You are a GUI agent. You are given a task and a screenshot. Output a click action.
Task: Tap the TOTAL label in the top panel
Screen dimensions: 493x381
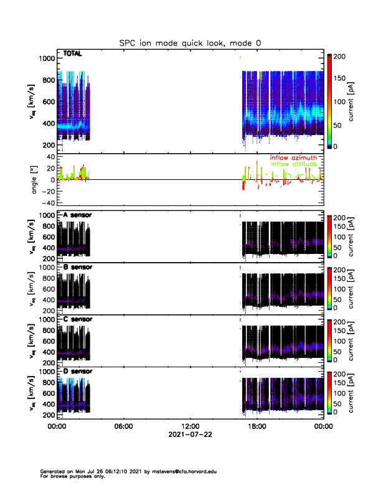tap(73, 54)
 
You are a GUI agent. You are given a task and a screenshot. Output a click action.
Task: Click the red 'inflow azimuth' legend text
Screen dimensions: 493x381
tap(293, 158)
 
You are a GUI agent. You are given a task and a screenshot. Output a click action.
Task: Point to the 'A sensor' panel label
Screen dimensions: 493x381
tap(77, 215)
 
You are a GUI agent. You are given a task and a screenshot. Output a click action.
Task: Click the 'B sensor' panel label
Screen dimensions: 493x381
tap(77, 268)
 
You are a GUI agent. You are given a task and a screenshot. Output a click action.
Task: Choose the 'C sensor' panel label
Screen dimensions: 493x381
tap(77, 319)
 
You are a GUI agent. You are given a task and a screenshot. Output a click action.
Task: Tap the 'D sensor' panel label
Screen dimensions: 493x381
tap(77, 372)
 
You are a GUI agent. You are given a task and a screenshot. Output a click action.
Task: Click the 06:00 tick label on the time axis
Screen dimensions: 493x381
tap(123, 426)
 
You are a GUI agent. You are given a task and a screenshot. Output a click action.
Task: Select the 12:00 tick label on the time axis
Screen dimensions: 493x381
tap(190, 426)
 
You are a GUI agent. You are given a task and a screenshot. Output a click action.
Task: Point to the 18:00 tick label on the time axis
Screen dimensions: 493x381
tap(256, 426)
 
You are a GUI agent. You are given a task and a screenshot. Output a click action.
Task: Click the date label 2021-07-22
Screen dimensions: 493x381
tap(190, 434)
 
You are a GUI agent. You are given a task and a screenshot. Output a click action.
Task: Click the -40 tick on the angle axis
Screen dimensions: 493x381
tap(46, 202)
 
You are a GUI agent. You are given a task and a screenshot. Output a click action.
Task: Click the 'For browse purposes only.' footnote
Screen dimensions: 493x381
tap(67, 476)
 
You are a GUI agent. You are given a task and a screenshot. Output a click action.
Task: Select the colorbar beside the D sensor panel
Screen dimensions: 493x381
tap(329, 392)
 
